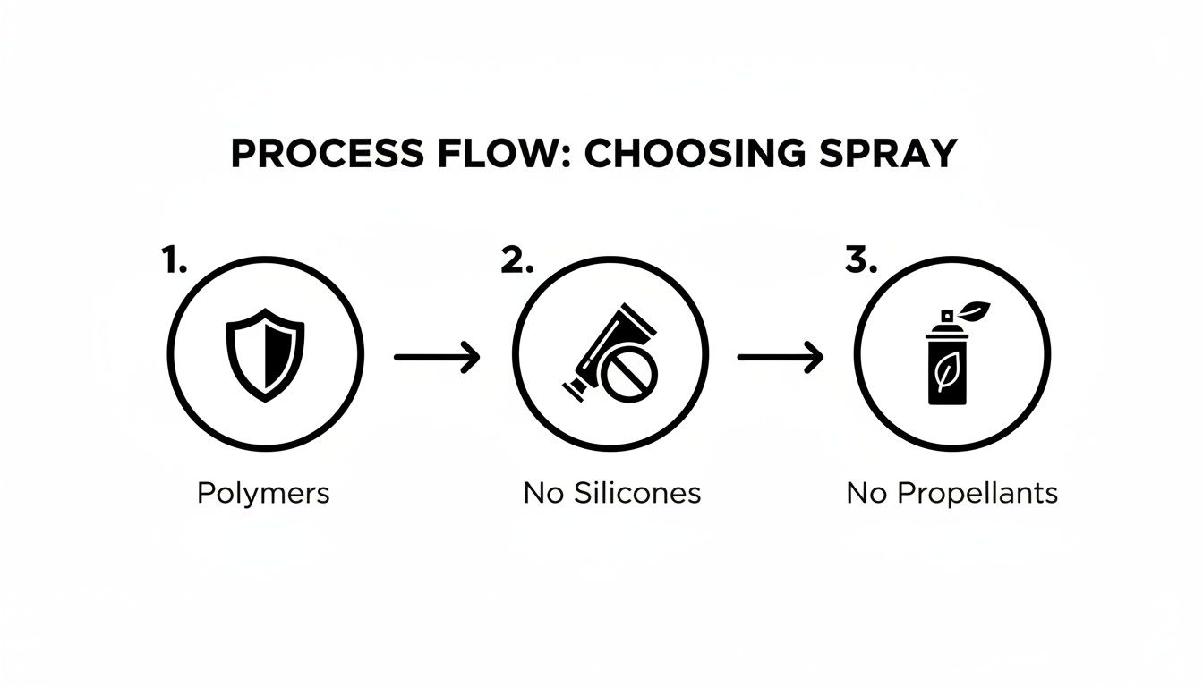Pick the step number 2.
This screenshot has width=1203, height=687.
516,260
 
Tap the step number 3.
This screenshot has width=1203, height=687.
860,260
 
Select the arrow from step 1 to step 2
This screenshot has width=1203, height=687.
437,357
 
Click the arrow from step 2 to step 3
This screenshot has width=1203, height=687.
780,357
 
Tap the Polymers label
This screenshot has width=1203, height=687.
263,493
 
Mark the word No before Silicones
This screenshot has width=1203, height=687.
541,493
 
